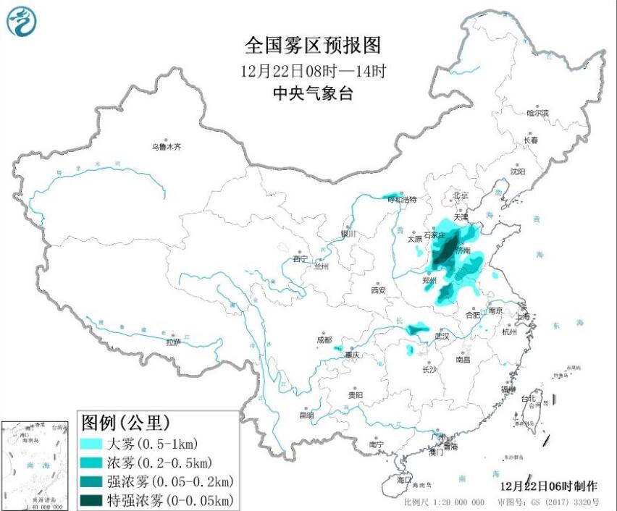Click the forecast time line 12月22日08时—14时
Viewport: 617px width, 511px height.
tap(312, 71)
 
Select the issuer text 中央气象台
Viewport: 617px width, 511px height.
tap(312, 93)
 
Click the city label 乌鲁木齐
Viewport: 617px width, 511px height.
tap(166, 146)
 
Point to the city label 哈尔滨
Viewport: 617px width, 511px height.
tap(537, 113)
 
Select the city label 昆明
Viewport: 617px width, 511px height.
tap(306, 415)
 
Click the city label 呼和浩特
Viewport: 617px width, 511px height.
tap(403, 199)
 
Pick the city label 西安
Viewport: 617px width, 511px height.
tap(379, 290)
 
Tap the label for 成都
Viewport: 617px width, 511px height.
tap(324, 339)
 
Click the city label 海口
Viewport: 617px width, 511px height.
tap(404, 480)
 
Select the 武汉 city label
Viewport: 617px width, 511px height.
tap(442, 337)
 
